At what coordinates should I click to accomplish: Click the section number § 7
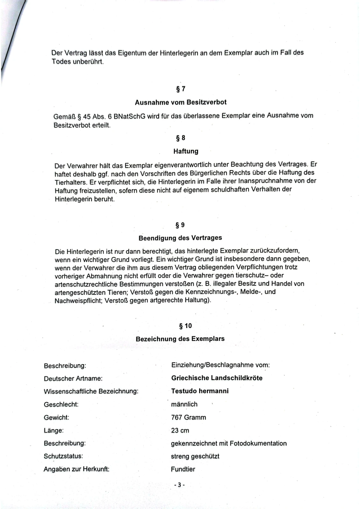[180, 89]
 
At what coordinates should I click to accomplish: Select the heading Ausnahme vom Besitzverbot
[180, 102]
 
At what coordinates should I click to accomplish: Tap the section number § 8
[180, 138]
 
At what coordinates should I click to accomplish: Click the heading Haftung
[186, 151]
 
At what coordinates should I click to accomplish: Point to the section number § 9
[180, 225]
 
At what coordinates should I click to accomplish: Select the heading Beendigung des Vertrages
[180, 238]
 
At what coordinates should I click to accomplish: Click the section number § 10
[186, 326]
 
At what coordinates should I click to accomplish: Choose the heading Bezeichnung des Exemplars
[180, 339]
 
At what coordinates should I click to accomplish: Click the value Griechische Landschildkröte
[217, 378]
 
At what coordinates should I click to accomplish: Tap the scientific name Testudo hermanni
[200, 391]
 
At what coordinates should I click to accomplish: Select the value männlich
[184, 404]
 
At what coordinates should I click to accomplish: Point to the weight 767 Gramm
[188, 417]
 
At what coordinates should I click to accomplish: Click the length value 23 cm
[180, 430]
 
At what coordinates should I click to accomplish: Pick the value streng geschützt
[195, 456]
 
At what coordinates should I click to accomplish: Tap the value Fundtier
[183, 469]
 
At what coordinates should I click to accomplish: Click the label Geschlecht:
[61, 404]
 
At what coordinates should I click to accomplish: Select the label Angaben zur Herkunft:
[77, 469]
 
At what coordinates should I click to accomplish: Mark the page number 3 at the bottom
[180, 485]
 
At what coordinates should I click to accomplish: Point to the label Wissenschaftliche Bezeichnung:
[91, 391]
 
